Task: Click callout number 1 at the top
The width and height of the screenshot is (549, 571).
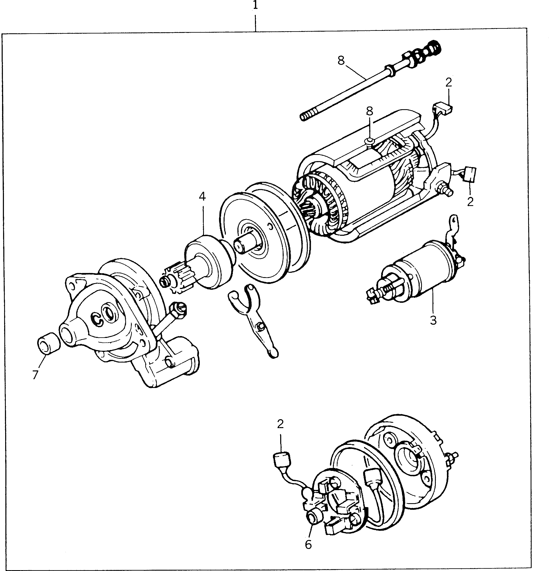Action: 255,6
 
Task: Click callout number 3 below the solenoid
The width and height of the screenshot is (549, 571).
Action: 433,320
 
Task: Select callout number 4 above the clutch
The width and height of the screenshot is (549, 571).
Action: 202,197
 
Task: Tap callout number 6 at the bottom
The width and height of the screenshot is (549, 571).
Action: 308,544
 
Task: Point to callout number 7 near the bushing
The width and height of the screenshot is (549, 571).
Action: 35,375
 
